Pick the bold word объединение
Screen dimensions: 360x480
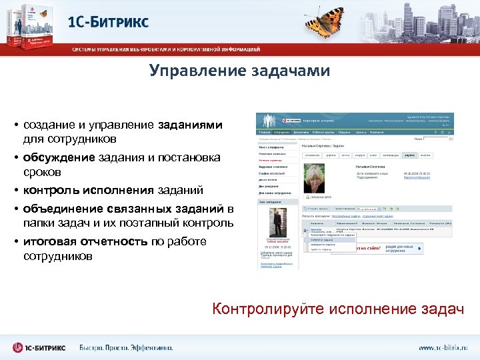(x=58, y=209)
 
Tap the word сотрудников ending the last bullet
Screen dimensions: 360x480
(x=58, y=257)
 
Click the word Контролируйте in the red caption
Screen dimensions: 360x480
(x=260, y=309)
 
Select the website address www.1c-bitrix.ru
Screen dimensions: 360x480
(x=443, y=347)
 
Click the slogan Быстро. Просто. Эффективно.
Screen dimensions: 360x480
(x=126, y=347)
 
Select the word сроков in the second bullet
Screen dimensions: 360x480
(x=40, y=172)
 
